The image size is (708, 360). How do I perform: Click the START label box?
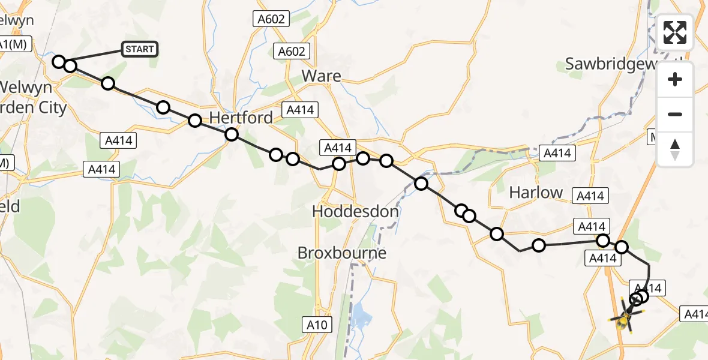[140, 49]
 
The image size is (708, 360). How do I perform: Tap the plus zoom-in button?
[675, 79]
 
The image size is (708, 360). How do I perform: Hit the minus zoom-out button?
[675, 114]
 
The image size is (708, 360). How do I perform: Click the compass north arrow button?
[675, 149]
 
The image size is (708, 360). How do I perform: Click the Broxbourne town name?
[342, 253]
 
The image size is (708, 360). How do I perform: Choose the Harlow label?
[536, 193]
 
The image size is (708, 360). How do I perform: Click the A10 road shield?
[316, 325]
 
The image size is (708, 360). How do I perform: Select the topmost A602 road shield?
[271, 19]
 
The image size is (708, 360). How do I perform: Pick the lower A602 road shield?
[292, 52]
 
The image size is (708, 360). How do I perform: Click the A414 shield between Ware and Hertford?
[302, 110]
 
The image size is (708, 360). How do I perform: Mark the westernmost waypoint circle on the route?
[59, 61]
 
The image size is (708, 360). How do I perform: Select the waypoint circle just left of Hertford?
[195, 121]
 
